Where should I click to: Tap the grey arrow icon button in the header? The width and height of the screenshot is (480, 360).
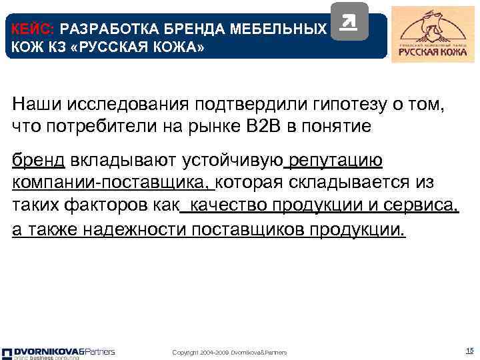coord(349,22)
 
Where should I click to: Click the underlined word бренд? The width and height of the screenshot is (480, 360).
coord(38,161)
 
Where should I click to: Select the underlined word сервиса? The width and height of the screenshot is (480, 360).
coord(419,206)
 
